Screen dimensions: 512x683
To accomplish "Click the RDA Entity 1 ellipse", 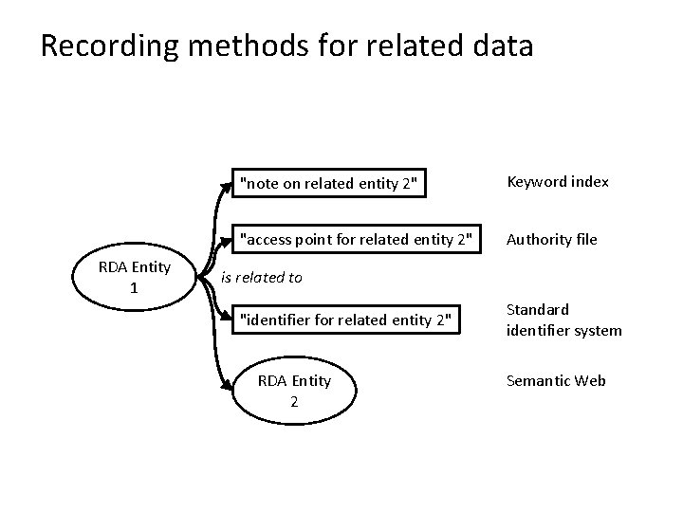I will pyautogui.click(x=134, y=276).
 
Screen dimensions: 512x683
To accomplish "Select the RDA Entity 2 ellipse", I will pyautogui.click(x=294, y=390).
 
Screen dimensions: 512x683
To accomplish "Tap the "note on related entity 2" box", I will pyautogui.click(x=328, y=183).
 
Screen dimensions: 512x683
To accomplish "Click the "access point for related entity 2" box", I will pyautogui.click(x=355, y=238).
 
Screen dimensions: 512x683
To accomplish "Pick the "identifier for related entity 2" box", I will pyautogui.click(x=348, y=320).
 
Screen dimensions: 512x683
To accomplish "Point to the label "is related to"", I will pyautogui.click(x=261, y=278).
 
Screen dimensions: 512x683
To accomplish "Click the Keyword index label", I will pyautogui.click(x=558, y=181).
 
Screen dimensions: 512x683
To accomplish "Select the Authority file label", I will pyautogui.click(x=552, y=239).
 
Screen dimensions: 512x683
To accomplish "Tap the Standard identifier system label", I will pyautogui.click(x=563, y=320).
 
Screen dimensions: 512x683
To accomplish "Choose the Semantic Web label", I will pyautogui.click(x=556, y=380).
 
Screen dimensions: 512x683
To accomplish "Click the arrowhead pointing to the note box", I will pyautogui.click(x=228, y=183).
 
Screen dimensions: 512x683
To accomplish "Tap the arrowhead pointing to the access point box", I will pyautogui.click(x=228, y=238).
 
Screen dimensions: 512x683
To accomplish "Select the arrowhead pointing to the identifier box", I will pyautogui.click(x=228, y=320).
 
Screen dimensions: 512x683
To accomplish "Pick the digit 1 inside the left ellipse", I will pyautogui.click(x=134, y=287).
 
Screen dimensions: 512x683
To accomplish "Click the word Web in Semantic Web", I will pyautogui.click(x=588, y=380).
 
